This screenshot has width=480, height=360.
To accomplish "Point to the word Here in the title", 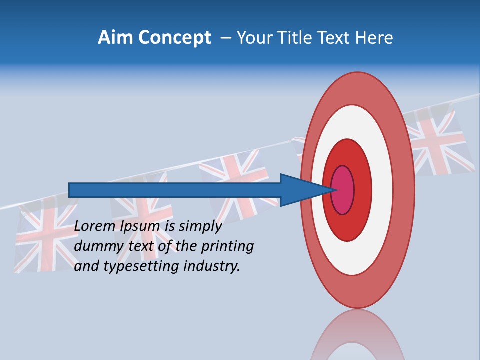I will coord(374,38).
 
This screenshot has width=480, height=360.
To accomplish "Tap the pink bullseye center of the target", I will coord(343,190).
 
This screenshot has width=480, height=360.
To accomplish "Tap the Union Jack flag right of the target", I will coord(440,142).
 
